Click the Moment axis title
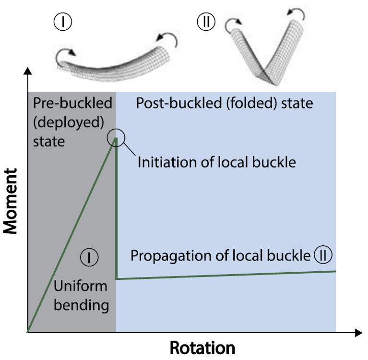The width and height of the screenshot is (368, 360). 11,201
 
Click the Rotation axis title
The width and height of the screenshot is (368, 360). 202,348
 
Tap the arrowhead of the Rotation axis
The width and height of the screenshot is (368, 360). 358,333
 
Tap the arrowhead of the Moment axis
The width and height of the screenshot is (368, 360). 28,71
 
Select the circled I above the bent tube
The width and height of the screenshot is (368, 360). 63,22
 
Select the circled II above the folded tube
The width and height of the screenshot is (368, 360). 206,22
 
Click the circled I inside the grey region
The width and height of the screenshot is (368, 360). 89,257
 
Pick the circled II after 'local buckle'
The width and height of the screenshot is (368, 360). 323,255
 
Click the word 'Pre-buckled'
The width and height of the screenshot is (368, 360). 72,103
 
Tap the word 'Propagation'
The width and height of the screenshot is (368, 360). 171,256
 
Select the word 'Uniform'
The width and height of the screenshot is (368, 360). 81,286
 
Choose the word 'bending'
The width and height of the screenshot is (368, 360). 81,306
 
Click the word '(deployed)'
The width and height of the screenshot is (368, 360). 69,122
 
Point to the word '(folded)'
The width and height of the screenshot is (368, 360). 251,103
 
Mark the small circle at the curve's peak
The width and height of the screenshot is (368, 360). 116,129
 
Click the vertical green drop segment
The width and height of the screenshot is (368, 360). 116,208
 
